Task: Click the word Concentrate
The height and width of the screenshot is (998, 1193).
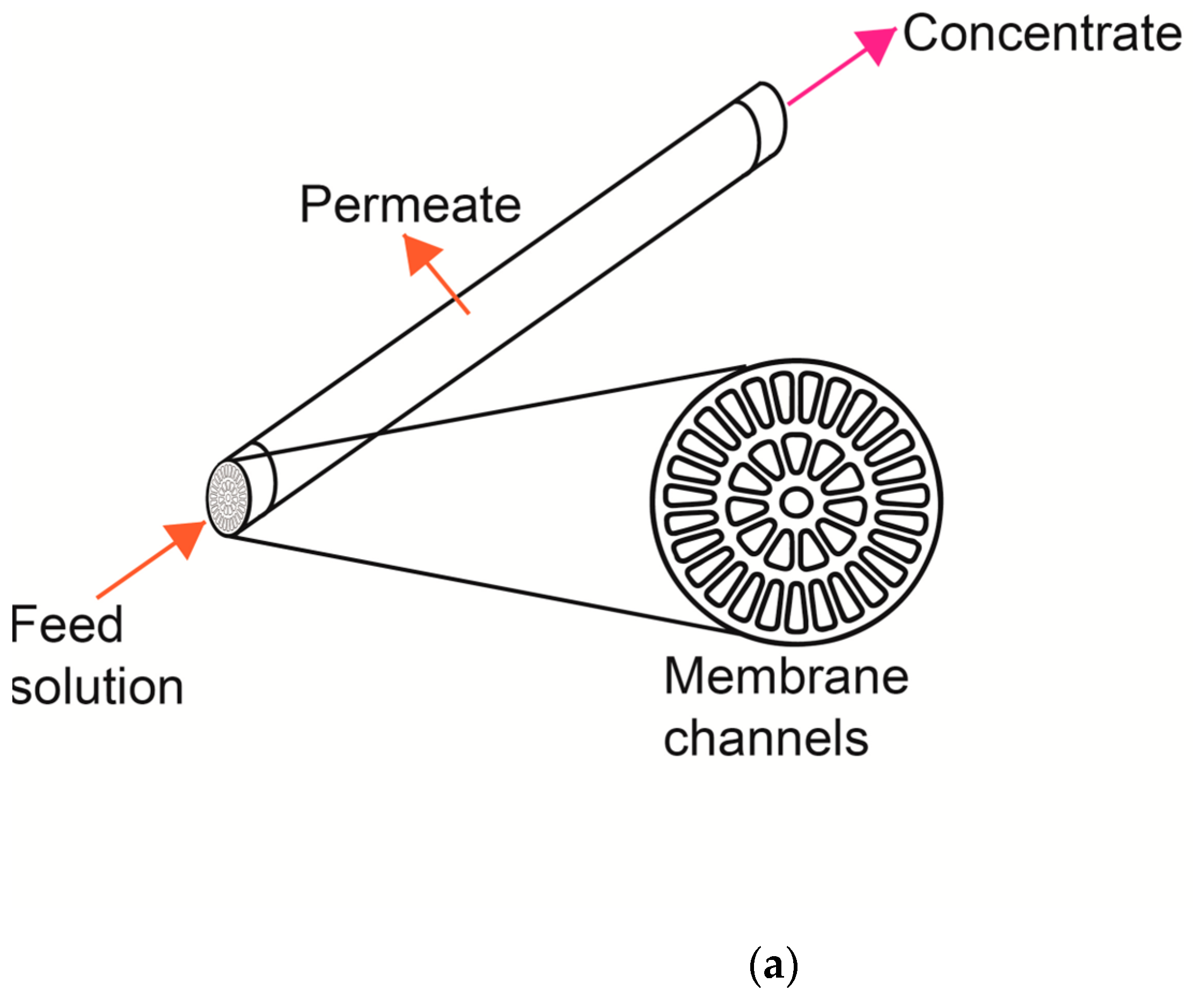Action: click(1042, 34)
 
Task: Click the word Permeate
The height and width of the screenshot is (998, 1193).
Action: click(410, 205)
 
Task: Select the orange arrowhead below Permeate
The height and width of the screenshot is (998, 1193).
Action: click(420, 255)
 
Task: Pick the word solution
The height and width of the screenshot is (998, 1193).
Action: click(97, 687)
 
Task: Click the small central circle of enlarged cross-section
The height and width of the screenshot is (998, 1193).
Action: click(796, 502)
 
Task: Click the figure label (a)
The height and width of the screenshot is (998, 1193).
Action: click(774, 966)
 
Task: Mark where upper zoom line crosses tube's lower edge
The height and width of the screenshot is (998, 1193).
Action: click(378, 434)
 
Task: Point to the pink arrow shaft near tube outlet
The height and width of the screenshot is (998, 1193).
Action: click(813, 88)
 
